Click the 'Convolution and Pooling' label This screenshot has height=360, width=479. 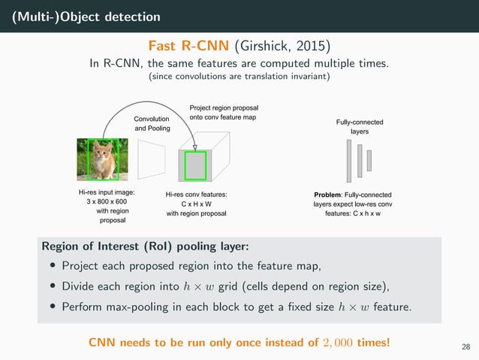point(152,123)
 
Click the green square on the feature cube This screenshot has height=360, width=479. point(196,165)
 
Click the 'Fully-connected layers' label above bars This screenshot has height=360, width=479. point(359,126)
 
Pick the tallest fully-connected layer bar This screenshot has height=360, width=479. point(350,160)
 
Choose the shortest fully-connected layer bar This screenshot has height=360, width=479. point(369,159)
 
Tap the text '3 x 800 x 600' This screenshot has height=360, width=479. point(107,202)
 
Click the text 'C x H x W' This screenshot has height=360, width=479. point(196,204)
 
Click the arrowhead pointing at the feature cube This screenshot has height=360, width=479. point(195,147)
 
